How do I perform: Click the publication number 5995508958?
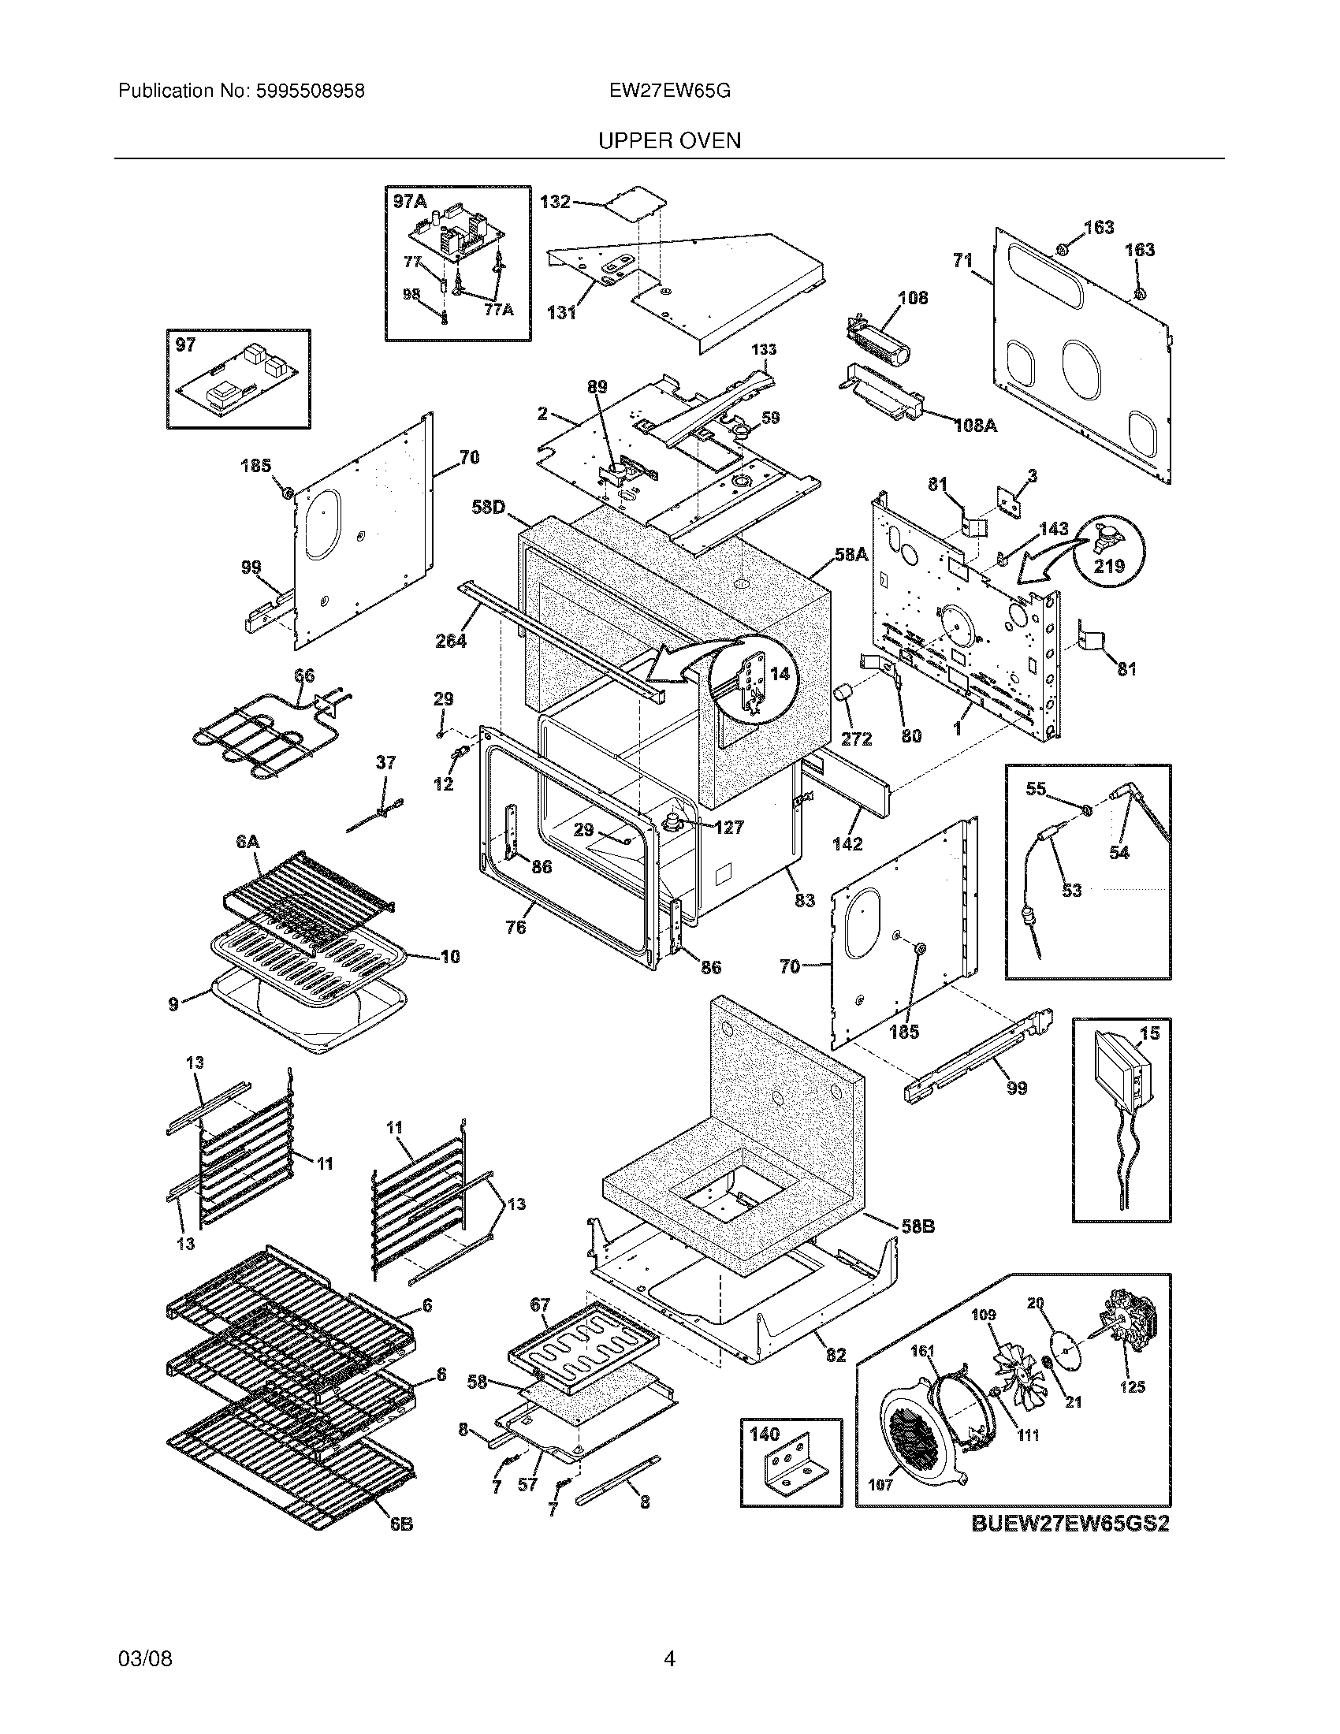[x=310, y=91]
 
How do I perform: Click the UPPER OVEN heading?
[x=669, y=141]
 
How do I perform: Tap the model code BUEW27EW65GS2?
[x=1070, y=1524]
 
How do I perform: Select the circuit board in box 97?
[x=238, y=385]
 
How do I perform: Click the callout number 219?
[x=1109, y=566]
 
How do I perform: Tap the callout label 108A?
[x=976, y=426]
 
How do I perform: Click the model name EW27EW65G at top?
[x=669, y=91]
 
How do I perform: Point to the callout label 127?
[x=728, y=828]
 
